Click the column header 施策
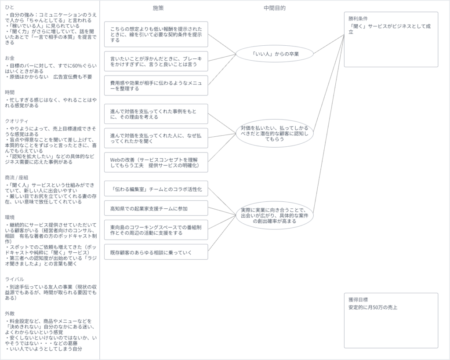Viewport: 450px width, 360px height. tap(158, 8)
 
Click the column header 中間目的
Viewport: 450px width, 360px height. tap(276, 8)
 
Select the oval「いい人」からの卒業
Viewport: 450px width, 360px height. tap(275, 54)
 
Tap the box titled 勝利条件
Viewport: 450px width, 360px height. tap(391, 39)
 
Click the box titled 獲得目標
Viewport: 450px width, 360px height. tap(391, 320)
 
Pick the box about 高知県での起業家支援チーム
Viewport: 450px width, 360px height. tap(156, 208)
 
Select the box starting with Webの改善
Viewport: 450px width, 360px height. tap(156, 162)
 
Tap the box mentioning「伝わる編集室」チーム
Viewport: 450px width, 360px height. tap(156, 189)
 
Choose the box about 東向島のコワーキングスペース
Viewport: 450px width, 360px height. tap(156, 229)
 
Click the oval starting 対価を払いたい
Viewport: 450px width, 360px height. tap(275, 133)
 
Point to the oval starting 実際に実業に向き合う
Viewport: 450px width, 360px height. tap(275, 215)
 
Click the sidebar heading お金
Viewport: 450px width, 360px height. tap(10, 58)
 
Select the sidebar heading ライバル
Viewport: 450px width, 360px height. tap(14, 279)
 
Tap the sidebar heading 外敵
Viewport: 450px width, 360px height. tap(10, 313)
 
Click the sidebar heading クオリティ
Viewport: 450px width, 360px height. tap(16, 120)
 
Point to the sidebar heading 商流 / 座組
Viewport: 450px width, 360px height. tap(16, 178)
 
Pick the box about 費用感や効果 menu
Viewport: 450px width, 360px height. tap(156, 85)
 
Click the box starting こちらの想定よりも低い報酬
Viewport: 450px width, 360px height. tap(156, 34)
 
